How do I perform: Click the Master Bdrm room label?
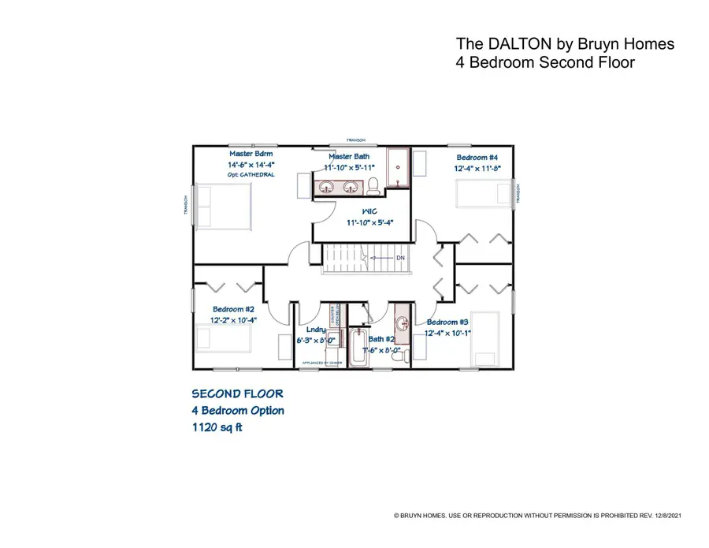coord(251,155)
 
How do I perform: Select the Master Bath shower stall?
coord(399,168)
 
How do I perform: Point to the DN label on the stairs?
coord(399,258)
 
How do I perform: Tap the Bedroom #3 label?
coord(447,322)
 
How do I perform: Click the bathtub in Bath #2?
coord(358,348)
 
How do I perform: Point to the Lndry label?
coord(315,330)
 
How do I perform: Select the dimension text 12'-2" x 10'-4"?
coord(233,321)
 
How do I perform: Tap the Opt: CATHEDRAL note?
coord(251,175)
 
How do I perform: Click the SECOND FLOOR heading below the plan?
coord(237,393)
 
